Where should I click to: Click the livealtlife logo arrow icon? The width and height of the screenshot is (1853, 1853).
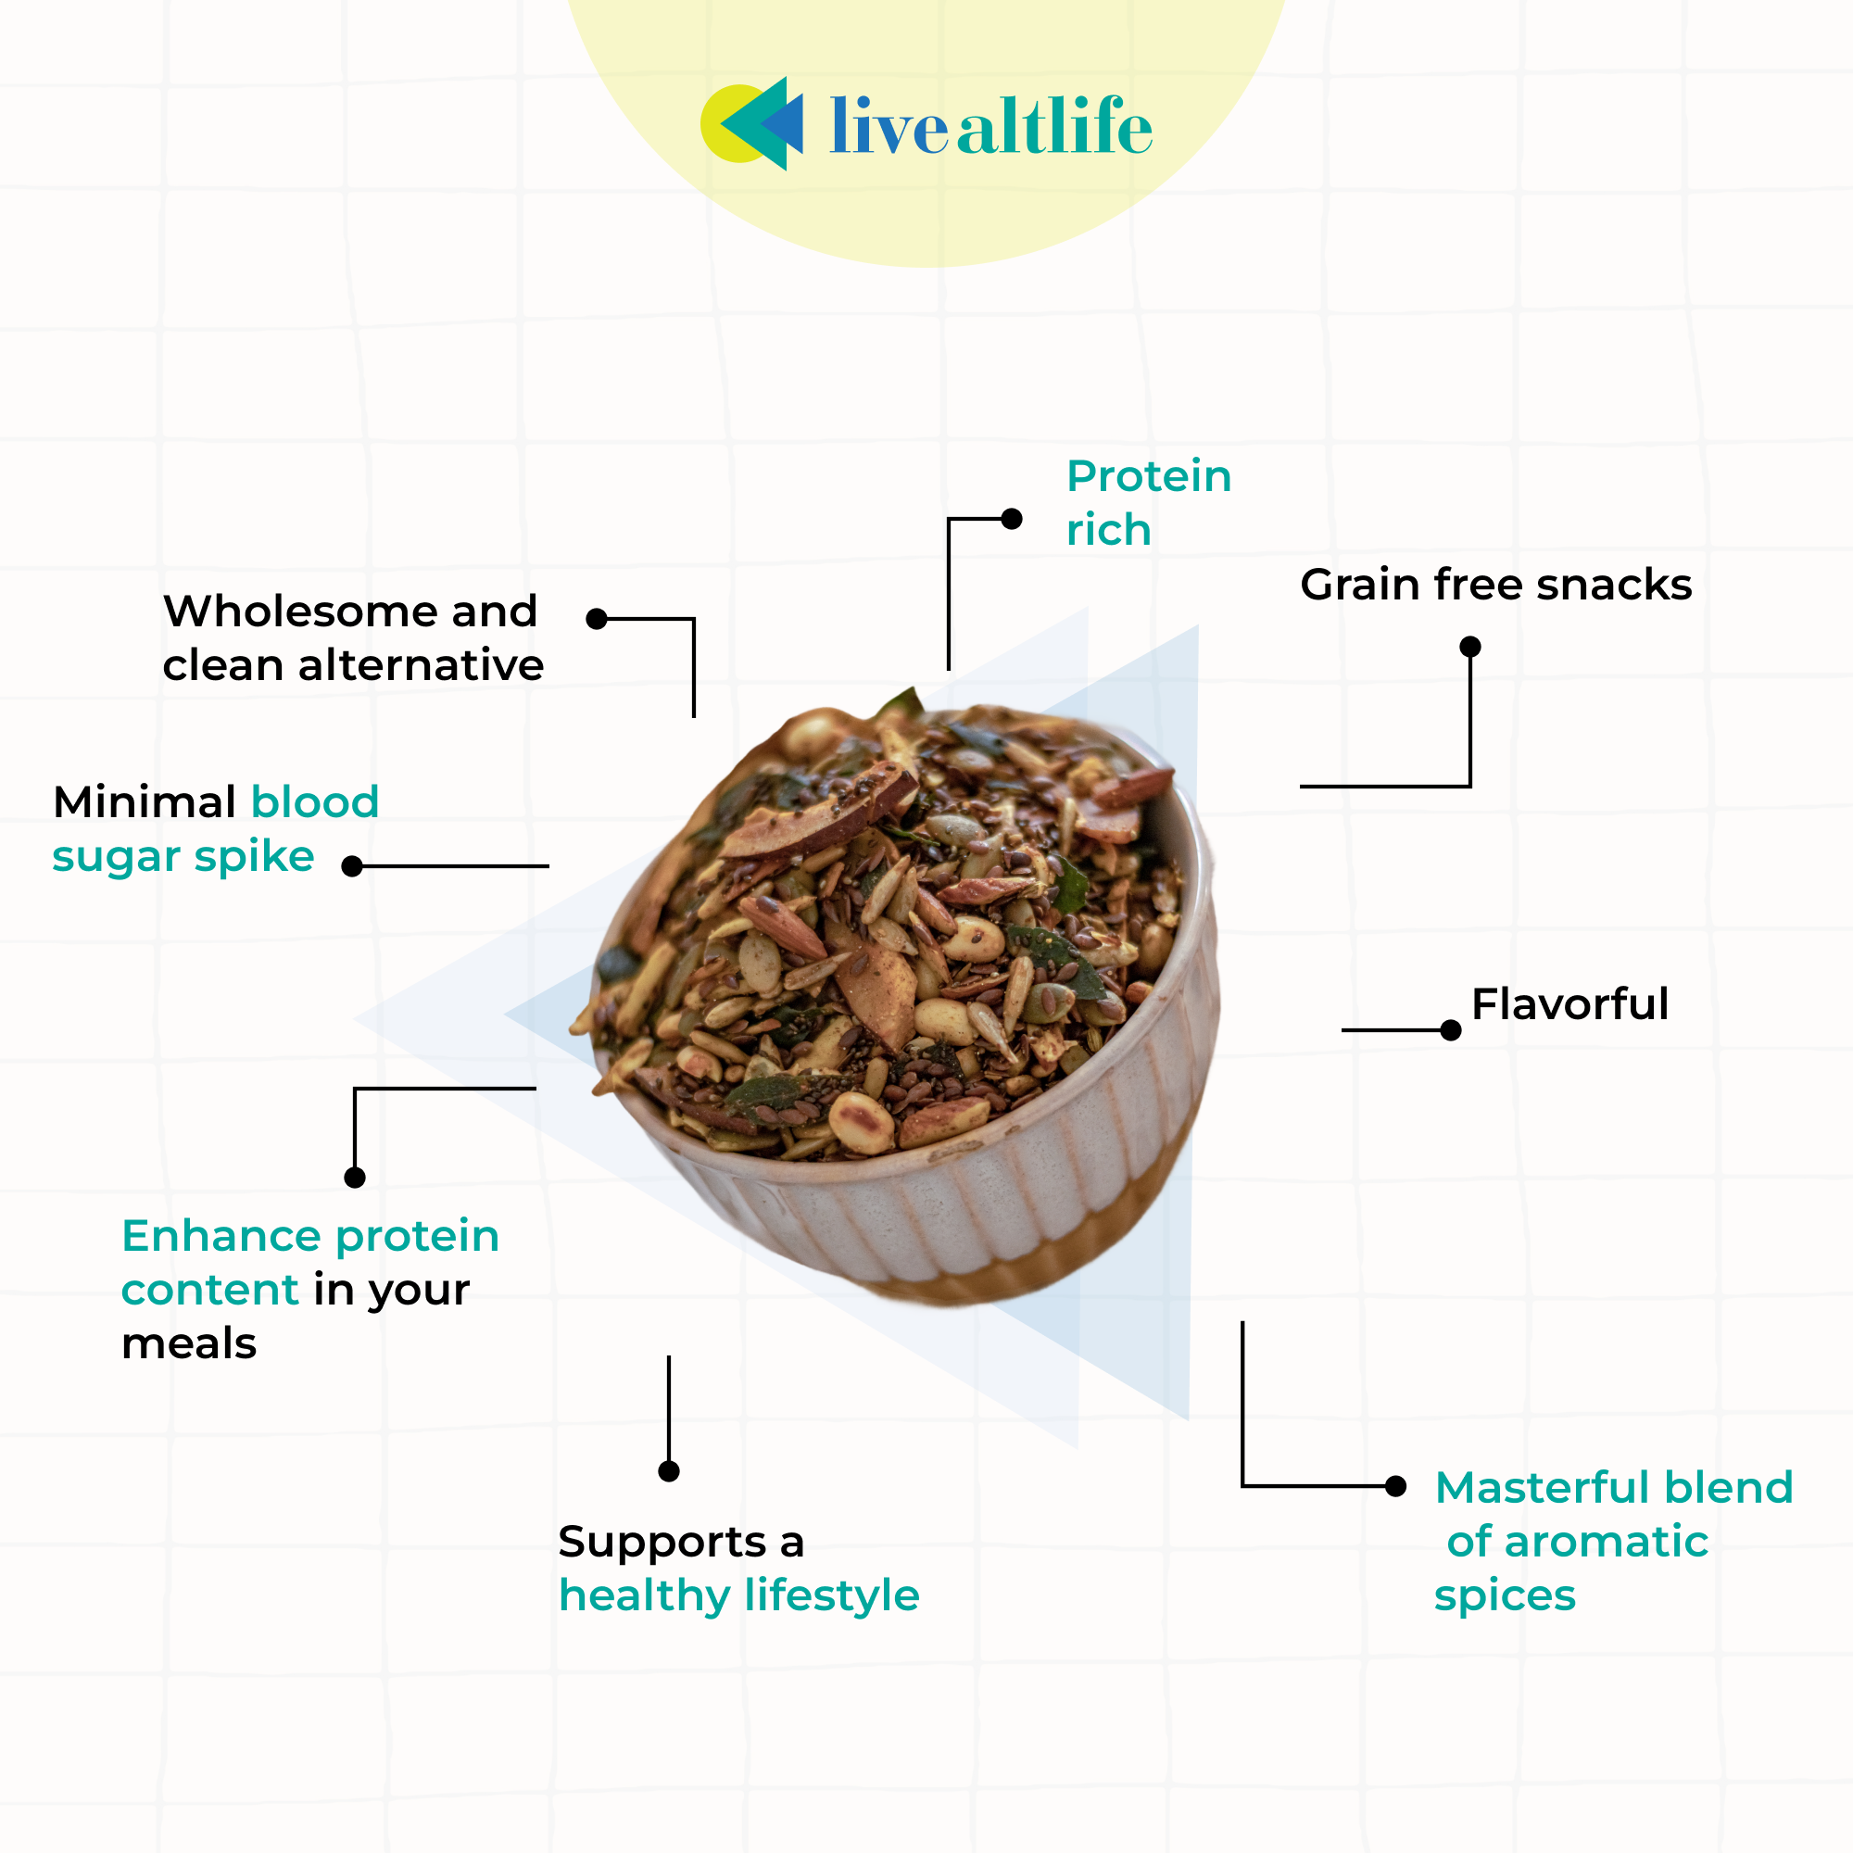tap(752, 125)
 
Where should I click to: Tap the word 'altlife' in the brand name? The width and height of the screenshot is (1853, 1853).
tap(1054, 127)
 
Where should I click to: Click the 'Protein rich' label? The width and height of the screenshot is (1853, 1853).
tap(1148, 502)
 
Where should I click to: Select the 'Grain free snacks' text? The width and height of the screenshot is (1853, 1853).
tap(1495, 585)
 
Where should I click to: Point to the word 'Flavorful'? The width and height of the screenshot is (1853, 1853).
tap(1569, 1004)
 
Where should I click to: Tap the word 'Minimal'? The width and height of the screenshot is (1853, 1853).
tap(145, 801)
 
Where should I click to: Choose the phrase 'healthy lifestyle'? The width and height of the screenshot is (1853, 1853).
tap(738, 1596)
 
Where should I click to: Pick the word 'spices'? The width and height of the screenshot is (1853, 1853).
tap(1504, 1596)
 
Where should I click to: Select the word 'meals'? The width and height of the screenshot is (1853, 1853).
tap(189, 1343)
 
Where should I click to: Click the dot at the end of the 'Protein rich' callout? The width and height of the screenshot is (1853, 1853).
tap(1011, 519)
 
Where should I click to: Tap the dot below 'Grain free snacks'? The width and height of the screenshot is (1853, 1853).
tap(1469, 647)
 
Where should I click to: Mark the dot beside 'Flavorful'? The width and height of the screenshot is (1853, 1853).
tap(1450, 1030)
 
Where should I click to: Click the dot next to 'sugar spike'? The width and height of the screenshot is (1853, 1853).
tap(352, 866)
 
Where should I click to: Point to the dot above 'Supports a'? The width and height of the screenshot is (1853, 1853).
tap(669, 1471)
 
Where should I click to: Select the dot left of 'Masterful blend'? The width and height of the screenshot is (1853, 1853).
tap(1395, 1487)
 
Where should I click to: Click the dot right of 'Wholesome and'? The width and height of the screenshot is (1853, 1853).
tap(597, 619)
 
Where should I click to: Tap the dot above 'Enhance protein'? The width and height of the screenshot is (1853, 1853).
tap(355, 1178)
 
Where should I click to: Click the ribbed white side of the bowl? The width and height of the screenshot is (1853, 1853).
tap(959, 1218)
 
